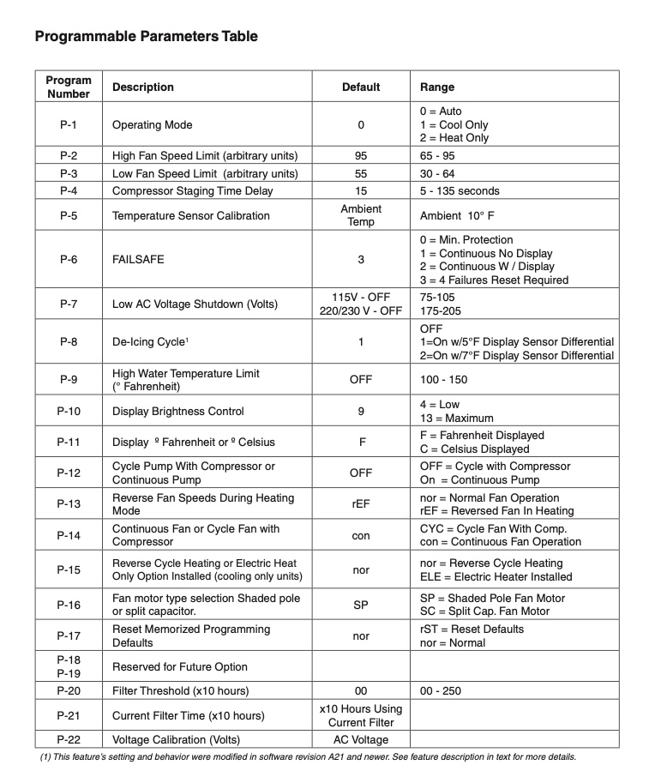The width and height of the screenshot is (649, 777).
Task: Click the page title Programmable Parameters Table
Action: coord(146,36)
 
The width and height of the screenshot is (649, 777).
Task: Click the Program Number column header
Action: coord(69,87)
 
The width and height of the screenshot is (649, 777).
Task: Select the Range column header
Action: coord(437,87)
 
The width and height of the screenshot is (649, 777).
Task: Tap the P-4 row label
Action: coord(69,190)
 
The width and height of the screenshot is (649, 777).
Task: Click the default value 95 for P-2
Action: coord(361,156)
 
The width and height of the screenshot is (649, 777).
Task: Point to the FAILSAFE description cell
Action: coord(138,260)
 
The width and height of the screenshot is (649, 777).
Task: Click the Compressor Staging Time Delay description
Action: coord(198,190)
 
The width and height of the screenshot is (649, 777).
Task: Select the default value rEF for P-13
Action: coord(361,504)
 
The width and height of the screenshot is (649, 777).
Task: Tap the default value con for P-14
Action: coord(361,535)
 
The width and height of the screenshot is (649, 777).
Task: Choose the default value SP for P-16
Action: coord(361,605)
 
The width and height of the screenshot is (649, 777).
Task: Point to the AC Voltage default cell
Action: coord(361,739)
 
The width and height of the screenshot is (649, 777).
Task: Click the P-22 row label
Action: coord(69,739)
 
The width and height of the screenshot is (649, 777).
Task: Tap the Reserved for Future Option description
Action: coord(180,666)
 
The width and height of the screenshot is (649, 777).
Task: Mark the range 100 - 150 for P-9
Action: coord(444,379)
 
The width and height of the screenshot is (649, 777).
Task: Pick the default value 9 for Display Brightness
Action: coord(361,411)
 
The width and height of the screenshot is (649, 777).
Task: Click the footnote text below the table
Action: coord(309,757)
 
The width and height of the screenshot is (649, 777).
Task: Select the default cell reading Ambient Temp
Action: coord(361,215)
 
